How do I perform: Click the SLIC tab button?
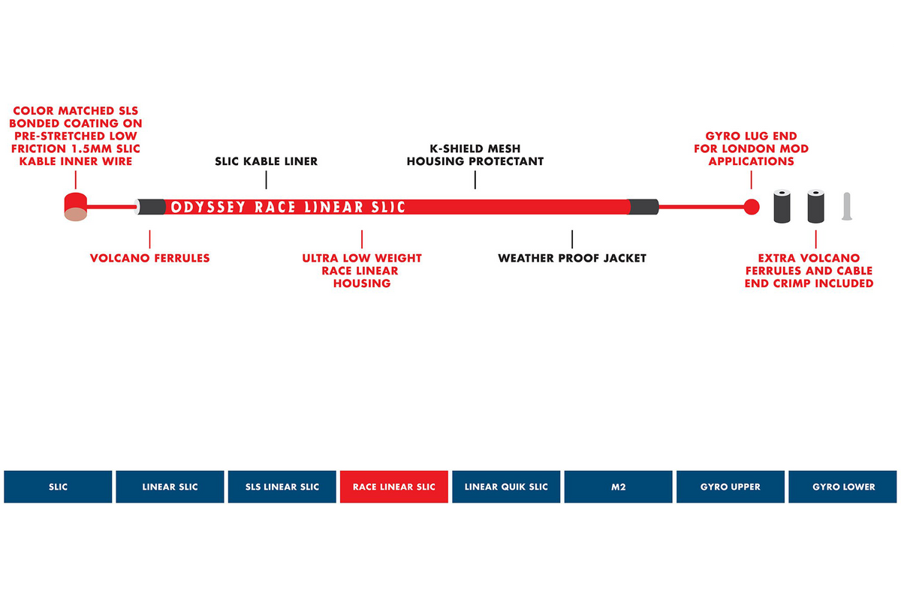tap(58, 487)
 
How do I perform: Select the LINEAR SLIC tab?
tap(170, 487)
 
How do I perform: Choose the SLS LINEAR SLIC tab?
tap(282, 487)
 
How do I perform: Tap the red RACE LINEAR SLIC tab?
tap(394, 487)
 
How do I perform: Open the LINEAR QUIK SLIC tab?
tap(506, 487)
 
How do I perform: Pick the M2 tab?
tap(618, 487)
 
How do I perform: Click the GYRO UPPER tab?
tap(731, 487)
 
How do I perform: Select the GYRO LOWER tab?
tap(842, 487)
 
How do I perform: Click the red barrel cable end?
tap(76, 207)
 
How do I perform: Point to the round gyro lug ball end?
tap(752, 207)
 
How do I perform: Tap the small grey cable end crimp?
tap(847, 206)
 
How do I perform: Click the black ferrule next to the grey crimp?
tap(815, 206)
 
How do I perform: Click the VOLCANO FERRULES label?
tap(149, 258)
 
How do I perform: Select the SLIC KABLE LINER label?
tap(267, 161)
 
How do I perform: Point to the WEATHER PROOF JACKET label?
tap(572, 258)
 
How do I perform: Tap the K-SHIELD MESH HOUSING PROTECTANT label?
tap(475, 154)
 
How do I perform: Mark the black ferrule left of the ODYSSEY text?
tap(152, 207)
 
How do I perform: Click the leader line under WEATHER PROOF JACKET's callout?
tap(572, 239)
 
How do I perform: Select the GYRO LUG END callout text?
tap(752, 148)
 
